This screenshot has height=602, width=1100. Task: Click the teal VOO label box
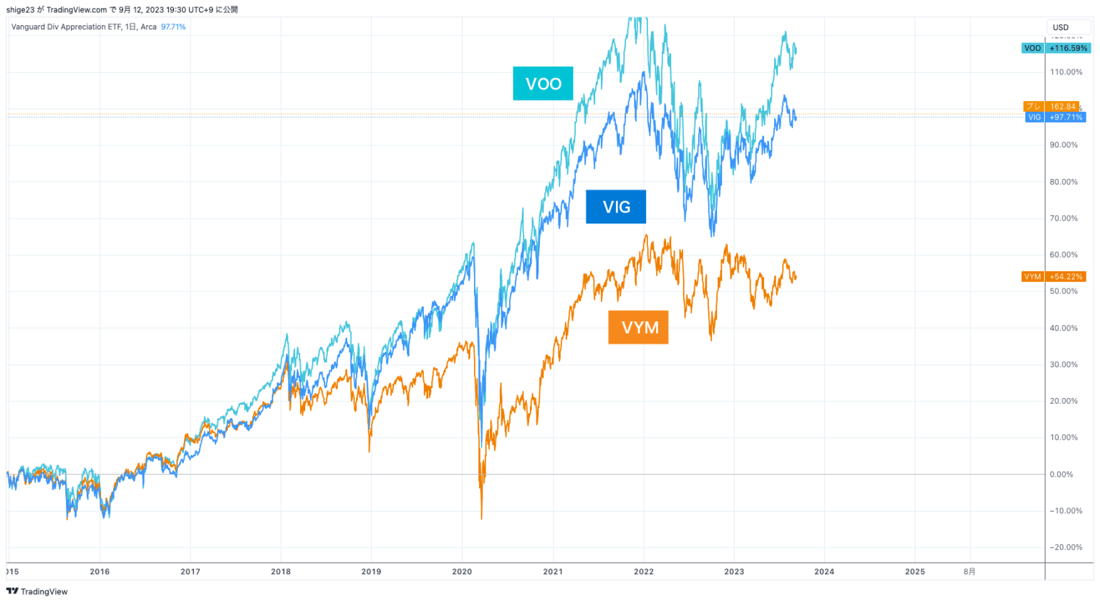pyautogui.click(x=543, y=84)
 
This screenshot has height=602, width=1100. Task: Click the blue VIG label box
pyautogui.click(x=616, y=207)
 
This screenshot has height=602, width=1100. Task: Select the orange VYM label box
pyautogui.click(x=638, y=327)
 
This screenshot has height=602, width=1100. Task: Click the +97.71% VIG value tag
pyautogui.click(x=1066, y=117)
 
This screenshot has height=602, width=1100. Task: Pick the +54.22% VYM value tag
pyautogui.click(x=1066, y=276)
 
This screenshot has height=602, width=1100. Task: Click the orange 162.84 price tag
pyautogui.click(x=1062, y=107)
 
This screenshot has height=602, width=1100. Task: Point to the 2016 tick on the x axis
pyautogui.click(x=100, y=571)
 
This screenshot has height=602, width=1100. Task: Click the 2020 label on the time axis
pyautogui.click(x=462, y=571)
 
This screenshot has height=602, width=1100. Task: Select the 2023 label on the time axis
pyautogui.click(x=734, y=571)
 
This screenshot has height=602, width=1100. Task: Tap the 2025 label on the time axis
pyautogui.click(x=915, y=571)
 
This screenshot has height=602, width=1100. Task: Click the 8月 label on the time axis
pyautogui.click(x=969, y=571)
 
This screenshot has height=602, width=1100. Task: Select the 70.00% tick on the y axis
pyautogui.click(x=1063, y=218)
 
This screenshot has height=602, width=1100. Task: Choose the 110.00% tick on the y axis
pyautogui.click(x=1066, y=72)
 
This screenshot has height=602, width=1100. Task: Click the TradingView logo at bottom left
pyautogui.click(x=37, y=591)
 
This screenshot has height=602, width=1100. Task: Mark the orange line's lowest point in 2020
pyautogui.click(x=481, y=518)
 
